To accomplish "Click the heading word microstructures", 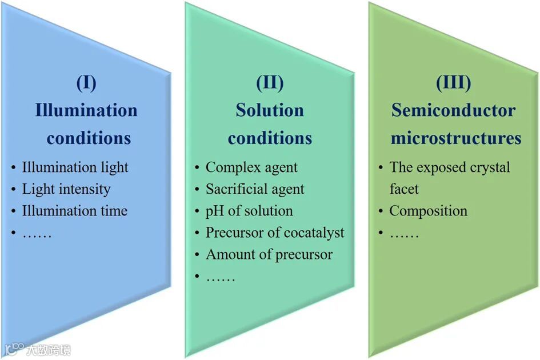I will [456, 138].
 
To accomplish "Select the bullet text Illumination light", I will [75, 167].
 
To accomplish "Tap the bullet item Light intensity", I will [66, 189].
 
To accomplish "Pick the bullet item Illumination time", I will [74, 211].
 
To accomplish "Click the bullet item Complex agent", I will [251, 167].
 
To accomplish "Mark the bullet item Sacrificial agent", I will [255, 189].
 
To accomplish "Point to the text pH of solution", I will [249, 211].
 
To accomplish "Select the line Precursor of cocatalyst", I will [275, 233].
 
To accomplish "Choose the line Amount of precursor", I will [269, 254].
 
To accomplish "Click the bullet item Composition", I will [428, 211].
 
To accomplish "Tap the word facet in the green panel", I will [404, 189].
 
